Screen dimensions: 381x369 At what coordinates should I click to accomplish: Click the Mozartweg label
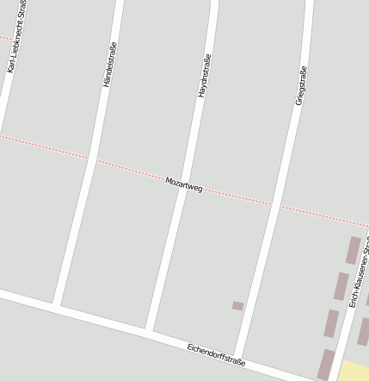[183, 184]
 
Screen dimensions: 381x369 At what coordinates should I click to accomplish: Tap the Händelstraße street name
[108, 65]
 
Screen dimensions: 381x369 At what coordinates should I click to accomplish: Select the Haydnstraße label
[204, 75]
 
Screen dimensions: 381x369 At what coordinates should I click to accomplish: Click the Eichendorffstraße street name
[216, 354]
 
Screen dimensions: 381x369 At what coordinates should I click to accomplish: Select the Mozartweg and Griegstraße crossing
[275, 205]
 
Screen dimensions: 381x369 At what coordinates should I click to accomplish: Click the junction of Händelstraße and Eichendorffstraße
[56, 305]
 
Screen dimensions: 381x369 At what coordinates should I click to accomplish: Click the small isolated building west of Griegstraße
[238, 306]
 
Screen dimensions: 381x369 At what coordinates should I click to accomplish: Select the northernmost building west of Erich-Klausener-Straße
[353, 250]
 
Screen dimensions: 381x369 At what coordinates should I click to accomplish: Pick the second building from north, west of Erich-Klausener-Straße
[341, 286]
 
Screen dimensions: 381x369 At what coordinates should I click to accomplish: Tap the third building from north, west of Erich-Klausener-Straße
[331, 323]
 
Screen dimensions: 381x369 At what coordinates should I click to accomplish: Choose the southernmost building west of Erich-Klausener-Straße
[325, 364]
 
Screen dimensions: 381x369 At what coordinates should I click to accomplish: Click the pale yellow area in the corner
[354, 372]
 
